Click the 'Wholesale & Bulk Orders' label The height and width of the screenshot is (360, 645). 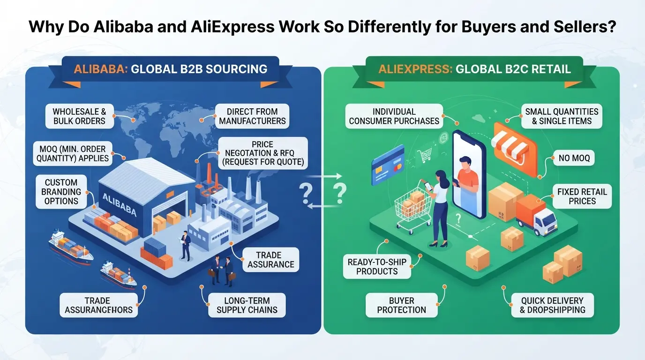point(80,116)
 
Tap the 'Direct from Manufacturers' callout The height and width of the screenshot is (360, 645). point(252,116)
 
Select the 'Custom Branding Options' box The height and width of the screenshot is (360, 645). point(61,192)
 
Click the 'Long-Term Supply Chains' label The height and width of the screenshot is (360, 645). point(247,305)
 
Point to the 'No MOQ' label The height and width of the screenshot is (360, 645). point(574,158)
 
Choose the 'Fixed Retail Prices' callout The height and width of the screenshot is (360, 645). point(582,196)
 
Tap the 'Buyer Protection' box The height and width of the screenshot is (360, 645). point(401,305)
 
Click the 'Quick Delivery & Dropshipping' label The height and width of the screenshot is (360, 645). point(552,305)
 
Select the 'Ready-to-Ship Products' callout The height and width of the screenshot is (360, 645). point(376,266)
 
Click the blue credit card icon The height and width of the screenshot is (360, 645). point(388,165)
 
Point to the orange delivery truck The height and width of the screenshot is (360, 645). point(536,215)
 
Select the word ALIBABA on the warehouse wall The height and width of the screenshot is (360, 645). point(119,204)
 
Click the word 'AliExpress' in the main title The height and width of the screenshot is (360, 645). point(232,27)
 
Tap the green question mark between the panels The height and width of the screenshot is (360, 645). point(340,193)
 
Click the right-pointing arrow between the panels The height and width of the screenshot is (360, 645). point(323,176)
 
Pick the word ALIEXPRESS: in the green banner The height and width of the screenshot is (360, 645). point(415,69)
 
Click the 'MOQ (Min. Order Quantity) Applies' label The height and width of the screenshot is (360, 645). point(73,153)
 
